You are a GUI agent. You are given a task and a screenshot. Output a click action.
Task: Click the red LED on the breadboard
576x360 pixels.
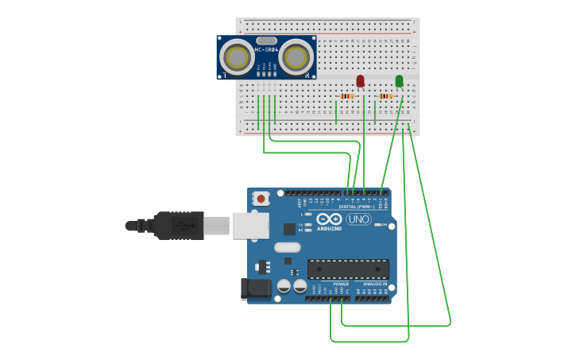[x=360, y=80]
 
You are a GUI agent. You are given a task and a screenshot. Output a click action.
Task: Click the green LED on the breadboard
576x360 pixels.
[x=399, y=80]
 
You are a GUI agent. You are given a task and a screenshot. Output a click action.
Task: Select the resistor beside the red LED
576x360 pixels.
[x=346, y=96]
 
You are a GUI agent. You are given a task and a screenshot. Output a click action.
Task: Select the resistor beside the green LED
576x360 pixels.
[x=385, y=96]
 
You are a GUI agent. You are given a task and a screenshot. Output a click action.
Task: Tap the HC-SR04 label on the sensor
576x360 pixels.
[x=266, y=50]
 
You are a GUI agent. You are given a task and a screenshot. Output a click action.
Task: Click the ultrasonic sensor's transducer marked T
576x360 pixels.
[x=237, y=56]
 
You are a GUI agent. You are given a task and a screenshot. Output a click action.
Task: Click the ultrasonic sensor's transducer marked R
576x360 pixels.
[x=296, y=56]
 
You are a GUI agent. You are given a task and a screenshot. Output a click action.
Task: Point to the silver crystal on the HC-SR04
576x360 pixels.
[x=267, y=41]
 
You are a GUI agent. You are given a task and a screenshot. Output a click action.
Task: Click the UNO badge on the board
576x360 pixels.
[x=358, y=219]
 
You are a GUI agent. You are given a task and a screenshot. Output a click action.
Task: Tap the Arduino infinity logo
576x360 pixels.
[x=329, y=219]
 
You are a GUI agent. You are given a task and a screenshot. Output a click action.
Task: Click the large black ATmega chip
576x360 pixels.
[x=348, y=269]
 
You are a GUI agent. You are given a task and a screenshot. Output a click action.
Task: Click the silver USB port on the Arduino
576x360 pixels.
[x=250, y=225]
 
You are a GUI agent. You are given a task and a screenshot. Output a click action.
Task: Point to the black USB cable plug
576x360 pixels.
[x=179, y=226]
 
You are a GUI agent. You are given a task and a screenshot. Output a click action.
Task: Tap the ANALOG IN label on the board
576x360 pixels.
[x=375, y=284]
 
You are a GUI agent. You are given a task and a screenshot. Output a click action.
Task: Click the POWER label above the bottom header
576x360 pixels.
[x=341, y=284]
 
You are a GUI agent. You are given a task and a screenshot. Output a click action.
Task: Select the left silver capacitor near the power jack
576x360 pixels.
[x=284, y=285]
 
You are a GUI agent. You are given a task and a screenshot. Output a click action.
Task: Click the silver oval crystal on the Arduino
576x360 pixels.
[x=287, y=247]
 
